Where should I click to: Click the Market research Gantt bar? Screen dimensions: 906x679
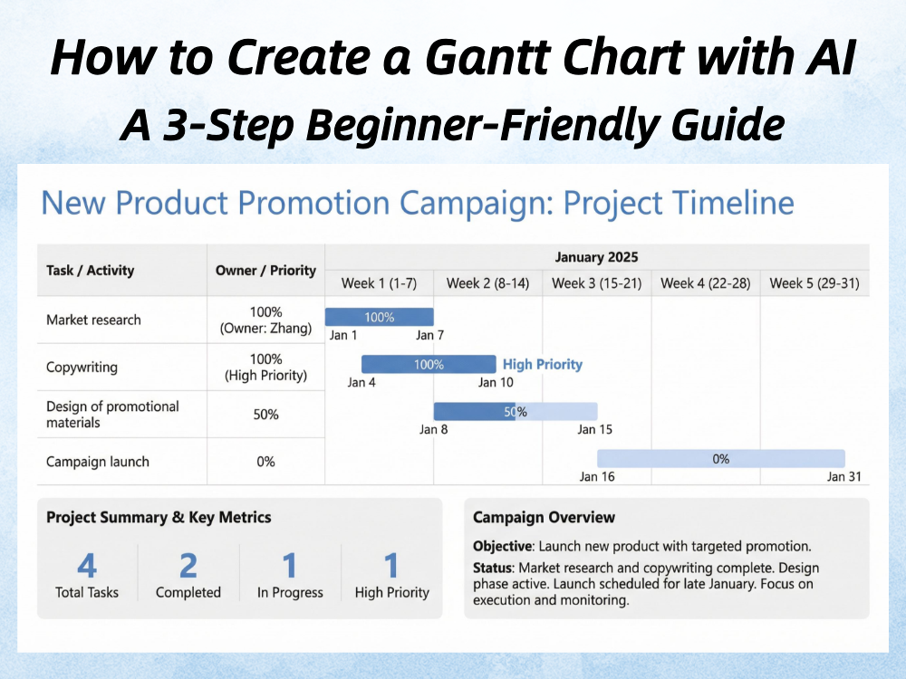point(379,317)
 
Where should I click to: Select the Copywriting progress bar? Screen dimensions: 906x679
point(429,364)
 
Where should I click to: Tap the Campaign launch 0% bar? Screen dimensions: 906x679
point(721,459)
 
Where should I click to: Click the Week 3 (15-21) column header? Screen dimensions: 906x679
point(597,283)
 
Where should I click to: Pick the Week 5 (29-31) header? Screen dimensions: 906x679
point(814,283)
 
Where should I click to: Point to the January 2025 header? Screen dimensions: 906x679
point(597,257)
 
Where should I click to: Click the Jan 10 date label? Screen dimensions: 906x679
point(496,382)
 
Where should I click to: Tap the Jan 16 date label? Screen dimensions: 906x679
point(597,476)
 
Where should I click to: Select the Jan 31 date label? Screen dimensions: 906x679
point(844,476)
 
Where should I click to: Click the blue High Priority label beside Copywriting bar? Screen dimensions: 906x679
point(543,364)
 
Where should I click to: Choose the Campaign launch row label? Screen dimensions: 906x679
point(98,462)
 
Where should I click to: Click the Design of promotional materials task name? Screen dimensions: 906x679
point(112,415)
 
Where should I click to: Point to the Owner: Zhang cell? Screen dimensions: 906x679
point(265,328)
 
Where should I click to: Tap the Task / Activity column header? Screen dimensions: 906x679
point(90,270)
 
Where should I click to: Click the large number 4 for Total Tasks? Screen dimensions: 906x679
point(87,565)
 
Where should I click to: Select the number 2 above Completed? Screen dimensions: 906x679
point(188,565)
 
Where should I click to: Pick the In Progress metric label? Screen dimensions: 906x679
point(290,592)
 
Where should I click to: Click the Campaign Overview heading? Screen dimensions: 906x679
point(544,517)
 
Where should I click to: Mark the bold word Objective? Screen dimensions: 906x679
point(502,546)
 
